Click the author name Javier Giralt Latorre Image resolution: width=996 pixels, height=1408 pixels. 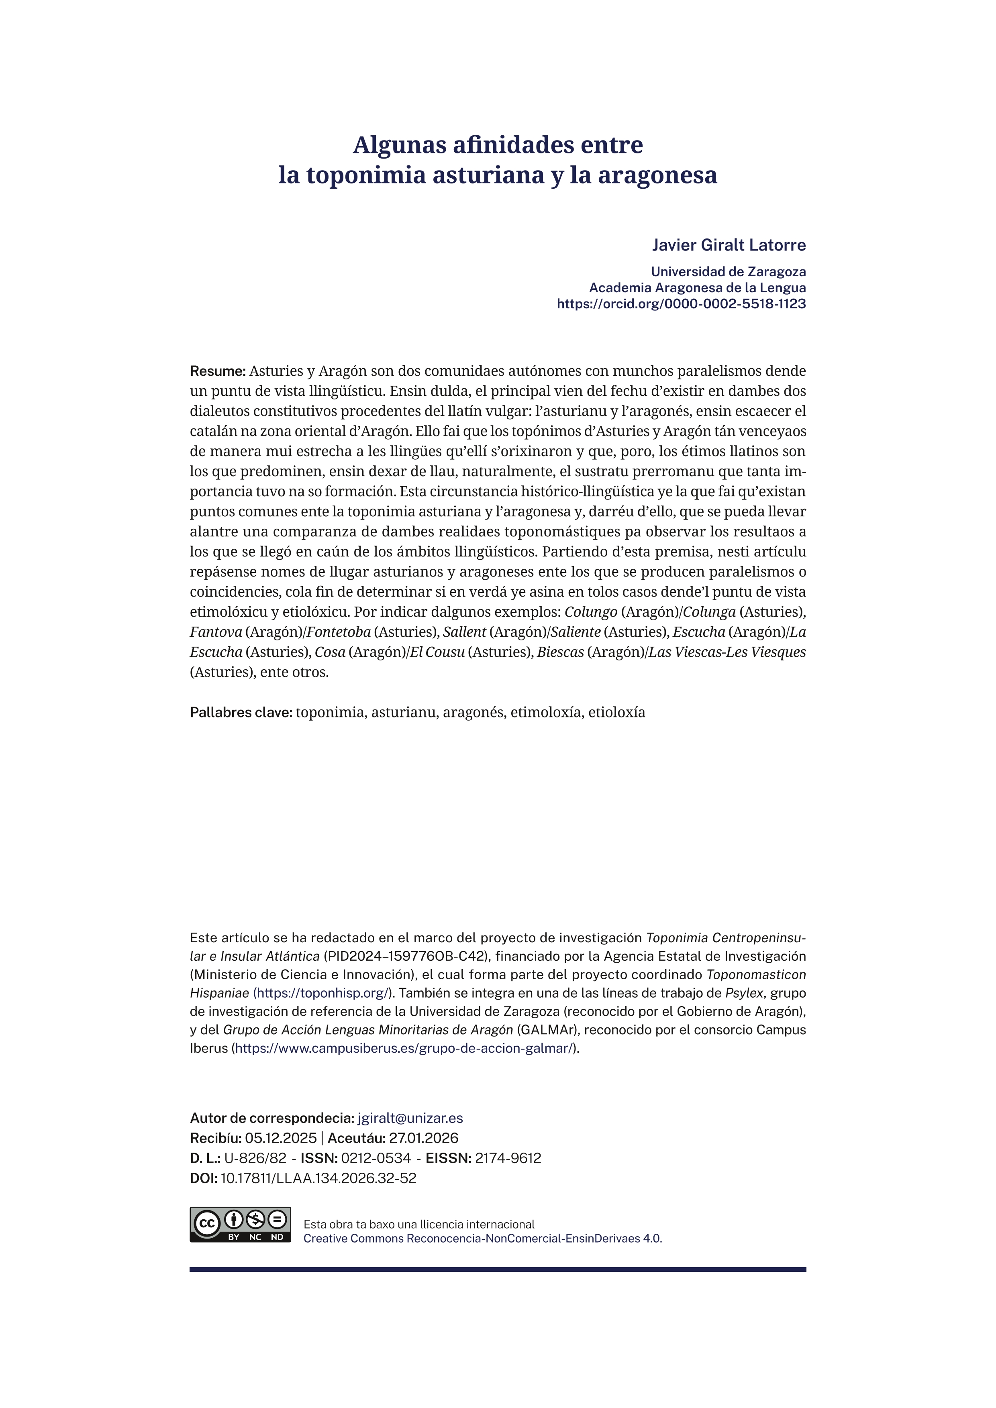coord(728,245)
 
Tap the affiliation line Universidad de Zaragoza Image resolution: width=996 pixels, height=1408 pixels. coord(728,272)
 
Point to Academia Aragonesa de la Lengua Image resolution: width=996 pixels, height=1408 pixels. coord(697,287)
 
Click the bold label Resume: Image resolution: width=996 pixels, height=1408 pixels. coord(218,371)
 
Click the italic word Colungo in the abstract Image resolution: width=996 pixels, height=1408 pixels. coord(591,612)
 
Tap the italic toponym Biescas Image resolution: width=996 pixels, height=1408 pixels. coord(560,652)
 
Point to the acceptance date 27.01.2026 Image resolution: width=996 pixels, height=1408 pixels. coord(424,1138)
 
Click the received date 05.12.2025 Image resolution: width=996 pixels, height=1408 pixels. coord(280,1138)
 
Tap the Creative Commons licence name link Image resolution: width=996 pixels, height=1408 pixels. coord(483,1239)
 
